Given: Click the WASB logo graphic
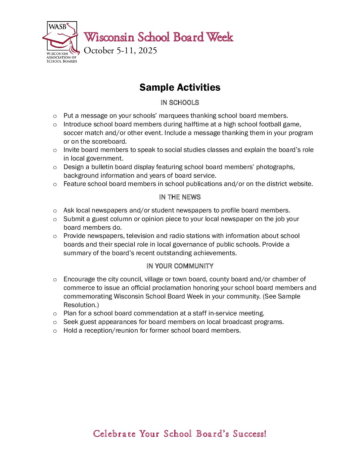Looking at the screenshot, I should pyautogui.click(x=61, y=42).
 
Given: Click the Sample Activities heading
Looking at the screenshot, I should pyautogui.click(x=180, y=87).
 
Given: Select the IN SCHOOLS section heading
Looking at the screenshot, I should pyautogui.click(x=180, y=103).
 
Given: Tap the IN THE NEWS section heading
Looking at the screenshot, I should pyautogui.click(x=180, y=197).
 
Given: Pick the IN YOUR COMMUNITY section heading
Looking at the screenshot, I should pyautogui.click(x=180, y=266).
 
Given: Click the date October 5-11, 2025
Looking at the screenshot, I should pyautogui.click(x=120, y=51).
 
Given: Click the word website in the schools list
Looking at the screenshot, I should pyautogui.click(x=298, y=184).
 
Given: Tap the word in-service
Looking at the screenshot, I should pyautogui.click(x=222, y=313).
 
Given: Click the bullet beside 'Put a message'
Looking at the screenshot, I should pyautogui.click(x=55, y=116).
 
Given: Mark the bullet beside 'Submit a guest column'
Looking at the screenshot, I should pyautogui.click(x=55, y=219).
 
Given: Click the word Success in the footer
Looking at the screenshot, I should pyautogui.click(x=249, y=434).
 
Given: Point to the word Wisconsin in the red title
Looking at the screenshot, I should pyautogui.click(x=109, y=37).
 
